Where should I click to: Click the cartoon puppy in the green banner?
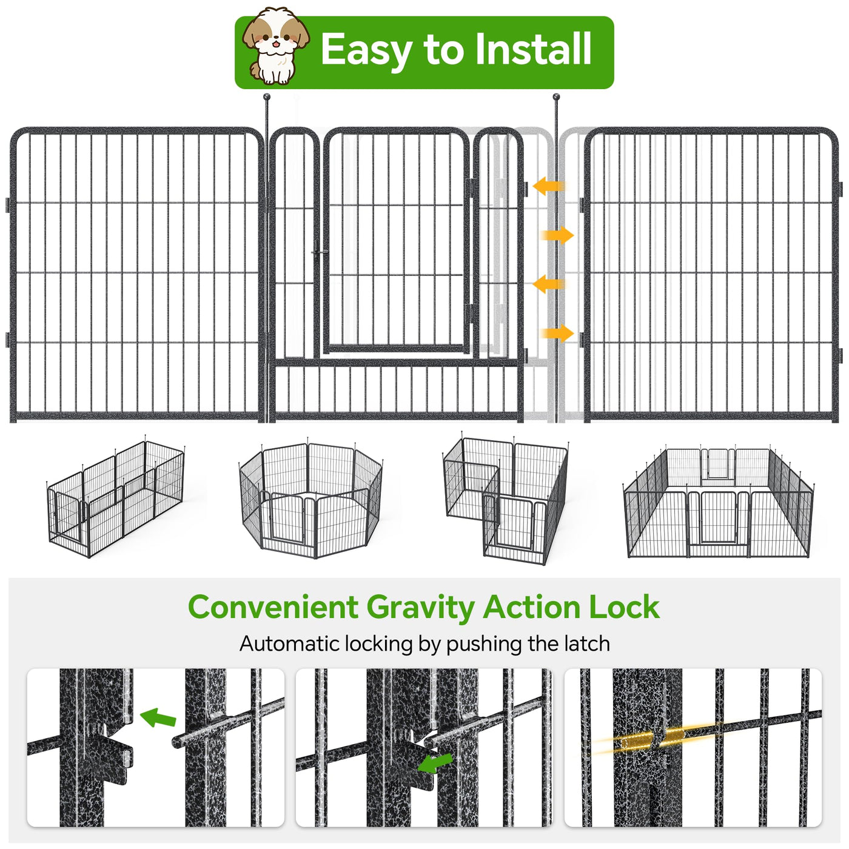click(276, 46)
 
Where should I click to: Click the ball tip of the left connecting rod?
click(267, 96)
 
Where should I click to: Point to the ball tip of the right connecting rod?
click(556, 96)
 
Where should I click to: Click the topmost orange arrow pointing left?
click(549, 186)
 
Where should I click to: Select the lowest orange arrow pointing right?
click(557, 333)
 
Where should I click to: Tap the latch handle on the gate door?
click(320, 252)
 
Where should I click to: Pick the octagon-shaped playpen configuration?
click(311, 500)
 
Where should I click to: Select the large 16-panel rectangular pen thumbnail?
click(718, 502)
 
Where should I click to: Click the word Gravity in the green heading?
click(420, 608)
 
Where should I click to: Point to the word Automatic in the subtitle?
click(289, 643)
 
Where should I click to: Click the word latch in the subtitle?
click(587, 643)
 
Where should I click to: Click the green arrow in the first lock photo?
click(158, 717)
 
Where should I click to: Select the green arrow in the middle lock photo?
click(435, 763)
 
